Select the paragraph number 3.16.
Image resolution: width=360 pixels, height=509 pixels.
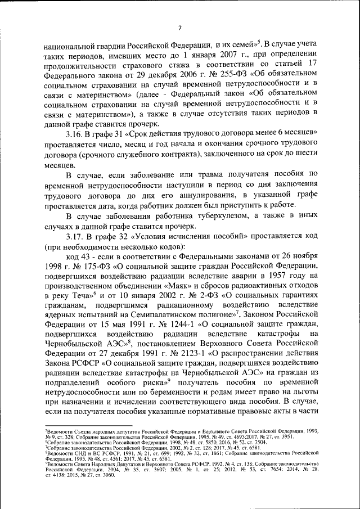coord(75,132)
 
